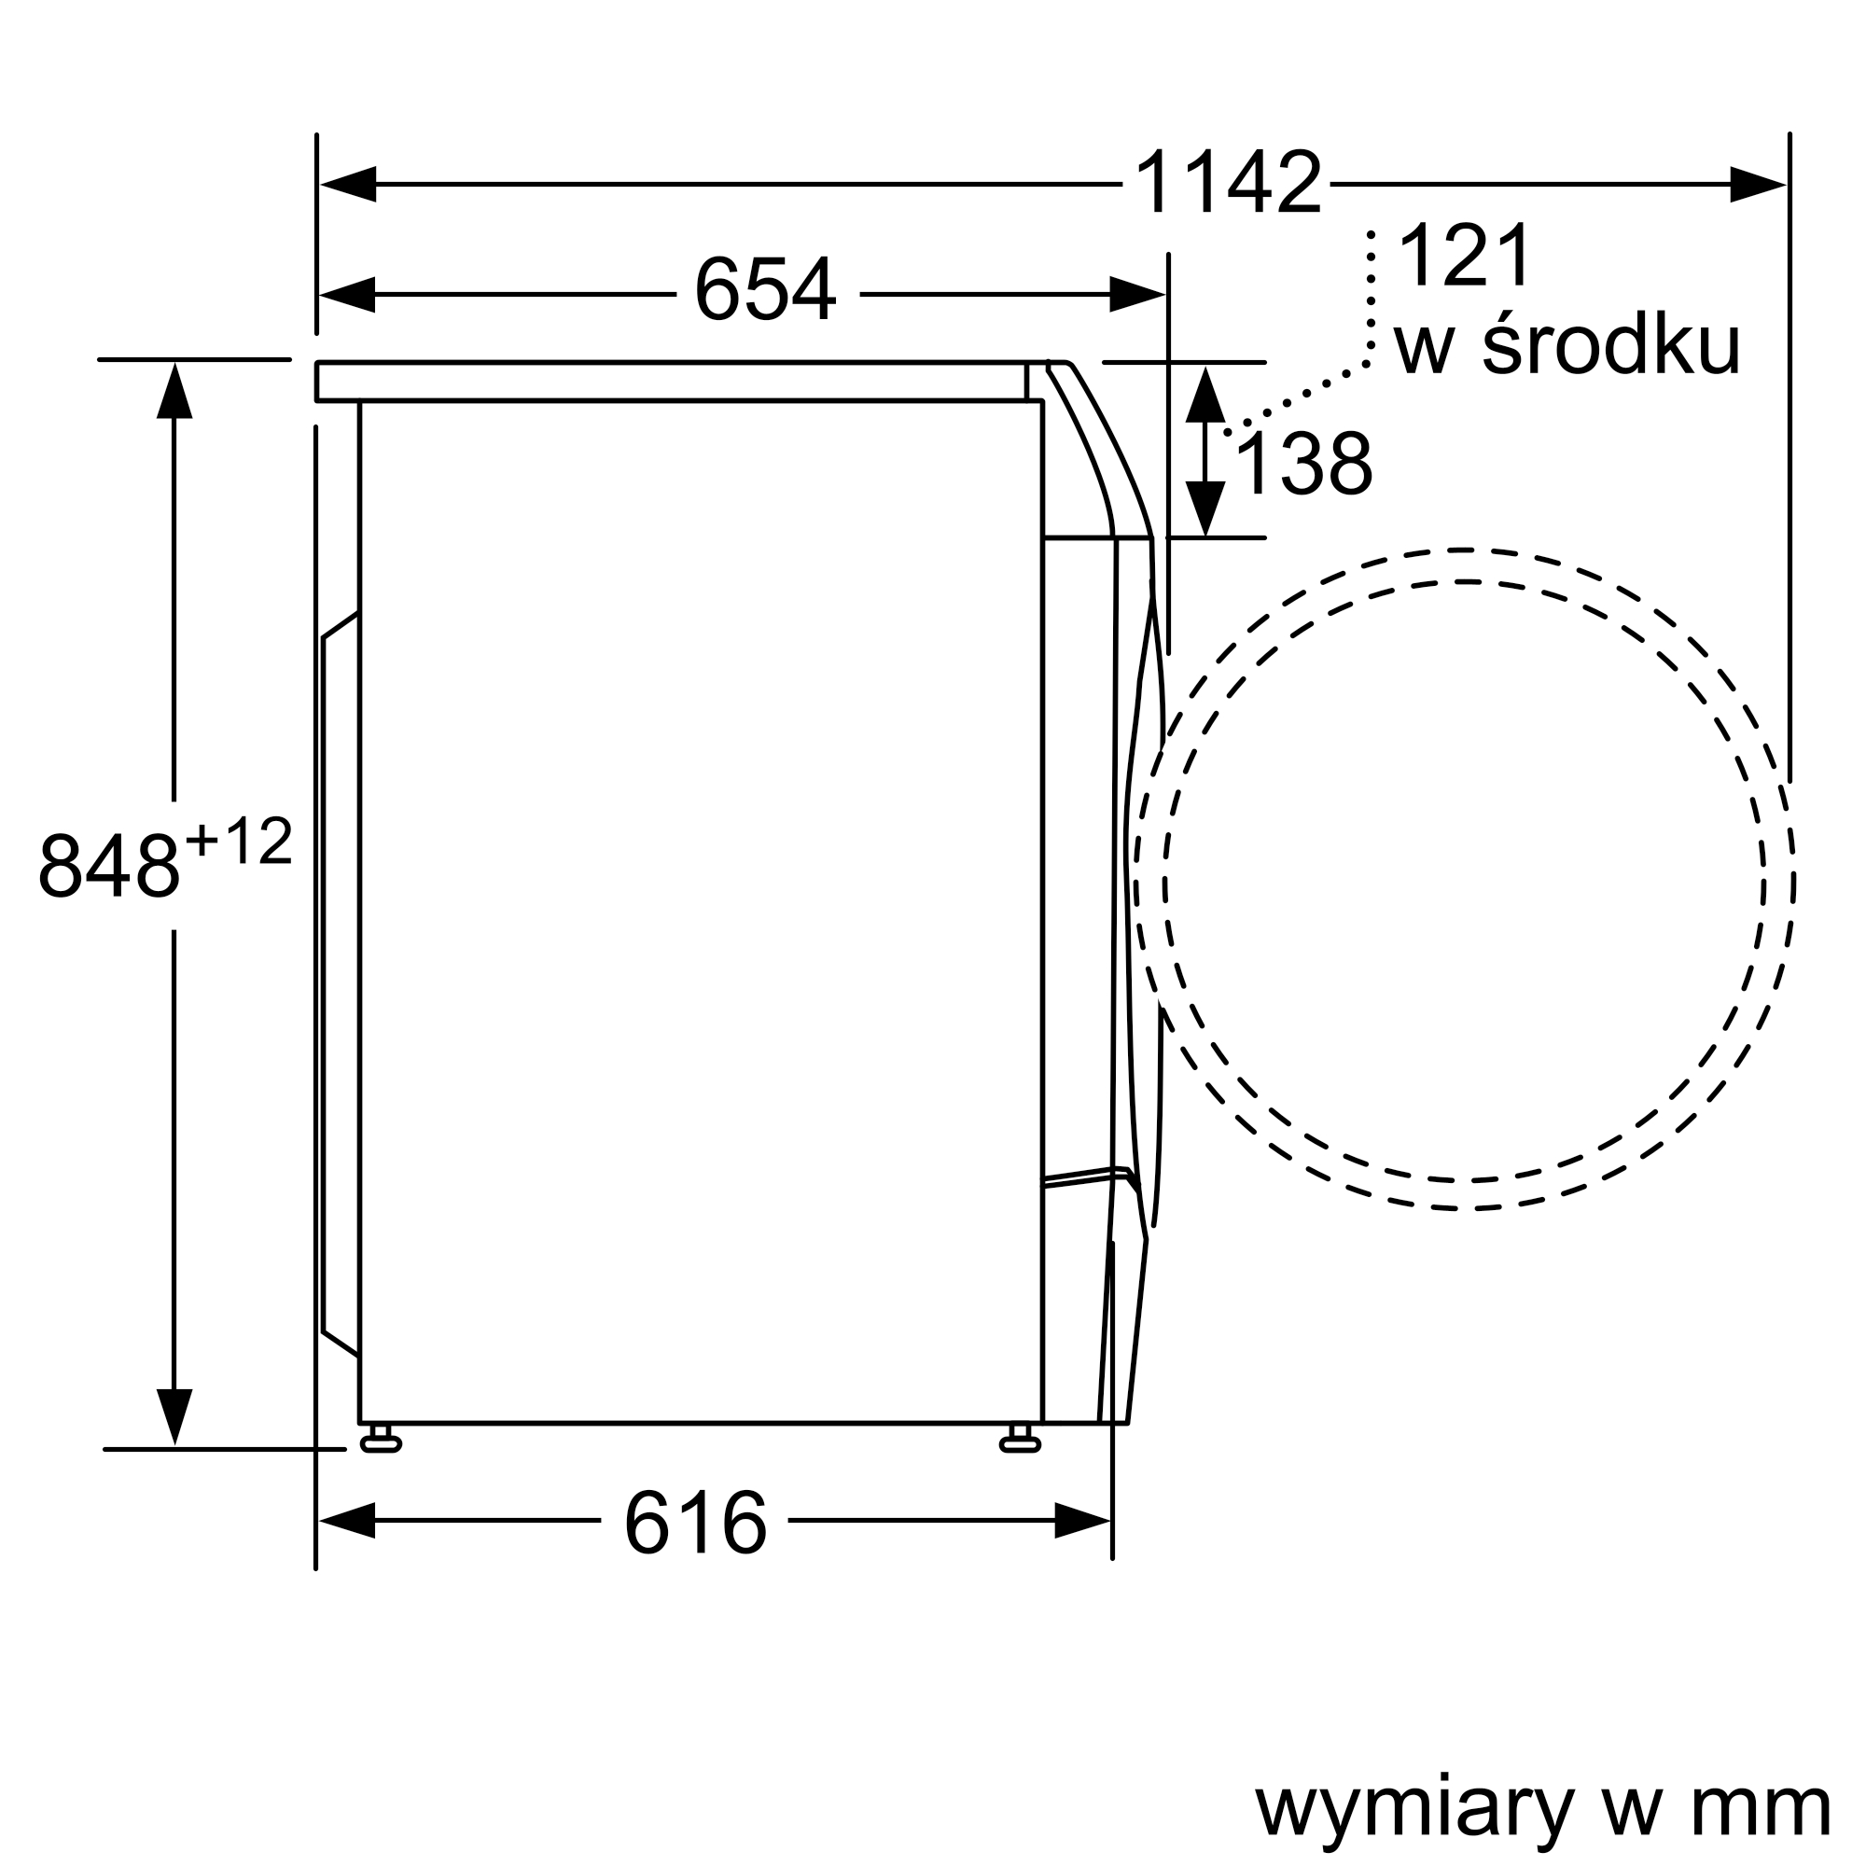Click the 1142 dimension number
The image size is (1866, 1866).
pyautogui.click(x=1227, y=183)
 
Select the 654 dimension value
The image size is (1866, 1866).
pyautogui.click(x=764, y=289)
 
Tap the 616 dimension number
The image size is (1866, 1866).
pyautogui.click(x=694, y=1524)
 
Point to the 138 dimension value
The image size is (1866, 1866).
pyautogui.click(x=1302, y=465)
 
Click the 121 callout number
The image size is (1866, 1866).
pyautogui.click(x=1464, y=256)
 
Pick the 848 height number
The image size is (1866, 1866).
pyautogui.click(x=108, y=865)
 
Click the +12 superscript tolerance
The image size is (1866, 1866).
pyautogui.click(x=239, y=841)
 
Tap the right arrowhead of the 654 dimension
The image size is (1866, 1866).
pyautogui.click(x=1135, y=294)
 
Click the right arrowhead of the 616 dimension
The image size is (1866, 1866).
pyautogui.click(x=1081, y=1520)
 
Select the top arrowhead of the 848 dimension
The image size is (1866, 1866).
pyautogui.click(x=174, y=392)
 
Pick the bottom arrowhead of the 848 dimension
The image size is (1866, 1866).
pyautogui.click(x=174, y=1416)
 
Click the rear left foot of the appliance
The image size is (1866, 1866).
pyautogui.click(x=381, y=1442)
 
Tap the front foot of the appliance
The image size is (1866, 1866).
pyautogui.click(x=1020, y=1442)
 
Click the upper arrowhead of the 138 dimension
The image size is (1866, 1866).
pyautogui.click(x=1205, y=394)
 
